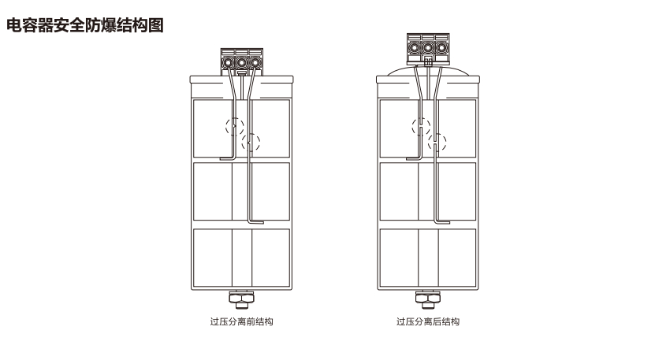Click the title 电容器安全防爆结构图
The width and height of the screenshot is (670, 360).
pyautogui.click(x=85, y=25)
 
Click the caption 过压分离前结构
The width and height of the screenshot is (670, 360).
pyautogui.click(x=241, y=321)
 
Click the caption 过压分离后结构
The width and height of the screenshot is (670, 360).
pyautogui.click(x=428, y=321)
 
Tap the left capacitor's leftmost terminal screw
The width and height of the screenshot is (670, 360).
pyautogui.click(x=228, y=63)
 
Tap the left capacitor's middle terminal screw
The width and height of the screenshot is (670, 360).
pyautogui.click(x=241, y=63)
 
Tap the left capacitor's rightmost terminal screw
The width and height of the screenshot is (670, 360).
pyautogui.click(x=255, y=63)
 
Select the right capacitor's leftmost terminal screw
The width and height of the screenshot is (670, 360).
pyautogui.click(x=414, y=47)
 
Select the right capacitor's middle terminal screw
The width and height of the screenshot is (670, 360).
pyautogui.click(x=428, y=47)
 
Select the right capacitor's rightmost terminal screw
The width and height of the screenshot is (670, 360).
pyautogui.click(x=441, y=47)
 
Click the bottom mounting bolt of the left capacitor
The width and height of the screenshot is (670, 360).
pyautogui.click(x=241, y=299)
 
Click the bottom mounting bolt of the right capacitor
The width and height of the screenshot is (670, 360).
pyautogui.click(x=428, y=299)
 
